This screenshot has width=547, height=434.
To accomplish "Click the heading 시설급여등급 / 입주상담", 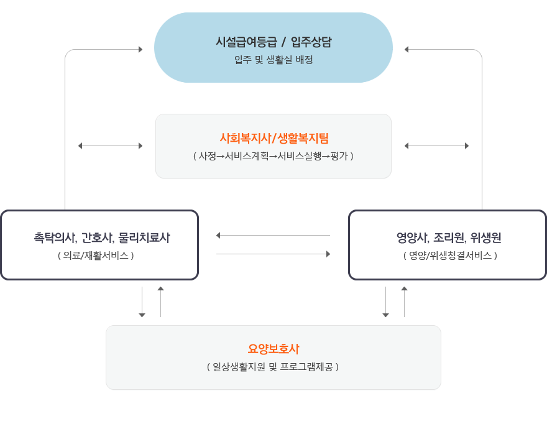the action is point(273,42).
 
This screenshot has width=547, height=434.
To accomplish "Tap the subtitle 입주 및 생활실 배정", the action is point(273,60).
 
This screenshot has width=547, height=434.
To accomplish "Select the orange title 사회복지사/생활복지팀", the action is point(274,138).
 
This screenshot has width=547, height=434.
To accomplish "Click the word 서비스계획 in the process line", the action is point(247,156).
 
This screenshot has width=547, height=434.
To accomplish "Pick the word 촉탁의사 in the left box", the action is point(55,238).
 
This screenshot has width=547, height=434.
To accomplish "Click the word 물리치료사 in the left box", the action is point(144,238).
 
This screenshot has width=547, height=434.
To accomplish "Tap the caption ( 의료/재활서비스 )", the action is point(96,256).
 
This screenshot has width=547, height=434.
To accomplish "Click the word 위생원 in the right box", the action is point(485,238).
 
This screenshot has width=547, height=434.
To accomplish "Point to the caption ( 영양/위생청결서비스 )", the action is point(451,256).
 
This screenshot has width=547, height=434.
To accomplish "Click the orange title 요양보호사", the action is point(273,349).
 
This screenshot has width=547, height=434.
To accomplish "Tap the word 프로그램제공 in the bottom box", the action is point(306,367).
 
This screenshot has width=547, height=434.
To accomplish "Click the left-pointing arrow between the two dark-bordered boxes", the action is point(273,236).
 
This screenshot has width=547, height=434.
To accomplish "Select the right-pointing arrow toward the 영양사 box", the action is point(273,254).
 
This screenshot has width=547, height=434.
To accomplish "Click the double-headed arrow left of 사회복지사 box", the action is point(110,146).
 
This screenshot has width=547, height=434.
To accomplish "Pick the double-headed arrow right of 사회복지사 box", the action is point(436,146).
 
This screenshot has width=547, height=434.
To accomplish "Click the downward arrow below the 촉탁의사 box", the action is point(142,302).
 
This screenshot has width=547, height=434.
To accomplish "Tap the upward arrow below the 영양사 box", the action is point(404,302).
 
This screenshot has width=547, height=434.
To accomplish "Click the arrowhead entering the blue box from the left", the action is point(140,50).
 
